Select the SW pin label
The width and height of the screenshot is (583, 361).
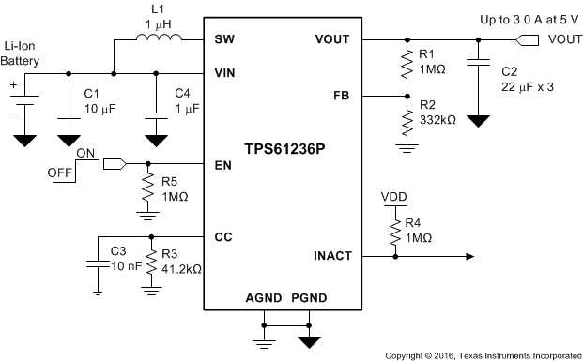[x=224, y=40]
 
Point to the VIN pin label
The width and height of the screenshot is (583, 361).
[x=225, y=73]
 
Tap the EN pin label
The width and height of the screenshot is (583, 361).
[x=223, y=164]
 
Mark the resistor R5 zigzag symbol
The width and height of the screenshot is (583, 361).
[x=148, y=188]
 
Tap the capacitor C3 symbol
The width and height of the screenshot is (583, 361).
[x=98, y=263]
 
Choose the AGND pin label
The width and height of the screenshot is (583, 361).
[x=265, y=300]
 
